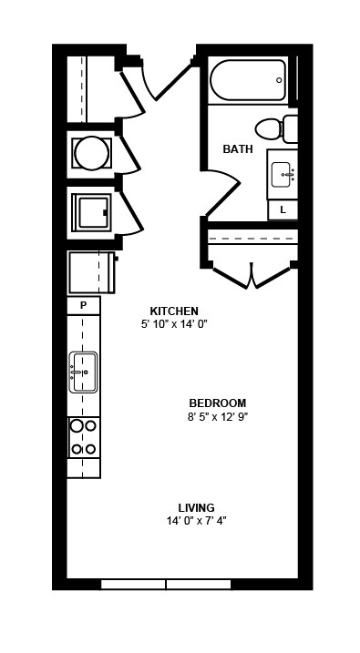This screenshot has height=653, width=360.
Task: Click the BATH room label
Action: coord(238,148)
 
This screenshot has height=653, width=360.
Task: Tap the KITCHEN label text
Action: coord(174,311)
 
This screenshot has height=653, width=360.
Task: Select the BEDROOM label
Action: coord(218,403)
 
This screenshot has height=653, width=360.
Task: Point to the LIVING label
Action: coord(196,507)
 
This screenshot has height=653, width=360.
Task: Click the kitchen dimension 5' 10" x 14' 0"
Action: coord(174,324)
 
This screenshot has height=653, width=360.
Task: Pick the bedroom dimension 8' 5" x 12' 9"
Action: coord(218,417)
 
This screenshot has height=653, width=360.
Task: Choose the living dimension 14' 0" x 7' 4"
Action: coord(196,521)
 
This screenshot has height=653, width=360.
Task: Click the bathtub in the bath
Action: coord(248,80)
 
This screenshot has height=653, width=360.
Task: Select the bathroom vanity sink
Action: coord(283,173)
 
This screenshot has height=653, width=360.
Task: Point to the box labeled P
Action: coord(83,305)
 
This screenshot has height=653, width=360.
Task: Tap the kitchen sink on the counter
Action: coord(83,372)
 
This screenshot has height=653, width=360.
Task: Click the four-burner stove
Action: coord(84,436)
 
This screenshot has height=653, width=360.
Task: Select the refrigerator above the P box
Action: coord(90,272)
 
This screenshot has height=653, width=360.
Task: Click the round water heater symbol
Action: coord(91,153)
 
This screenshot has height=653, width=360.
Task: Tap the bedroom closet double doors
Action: coord(251,275)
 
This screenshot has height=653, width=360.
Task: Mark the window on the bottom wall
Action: coord(165,584)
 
